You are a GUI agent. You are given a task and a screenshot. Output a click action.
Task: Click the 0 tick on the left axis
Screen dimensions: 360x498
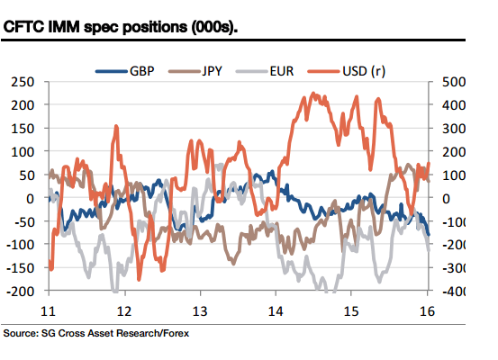[31, 198]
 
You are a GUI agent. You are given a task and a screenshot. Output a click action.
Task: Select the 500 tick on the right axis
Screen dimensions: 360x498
[451, 81]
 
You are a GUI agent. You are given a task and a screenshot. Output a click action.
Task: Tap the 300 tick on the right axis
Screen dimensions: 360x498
[451, 128]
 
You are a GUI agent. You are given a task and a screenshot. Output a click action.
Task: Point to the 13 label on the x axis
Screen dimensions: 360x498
[200, 310]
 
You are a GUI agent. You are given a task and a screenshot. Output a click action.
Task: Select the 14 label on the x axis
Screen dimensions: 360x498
[276, 310]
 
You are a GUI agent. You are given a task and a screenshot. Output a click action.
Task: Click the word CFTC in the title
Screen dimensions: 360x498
[27, 28]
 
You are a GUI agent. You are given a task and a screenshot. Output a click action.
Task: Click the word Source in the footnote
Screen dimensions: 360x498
[23, 332]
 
